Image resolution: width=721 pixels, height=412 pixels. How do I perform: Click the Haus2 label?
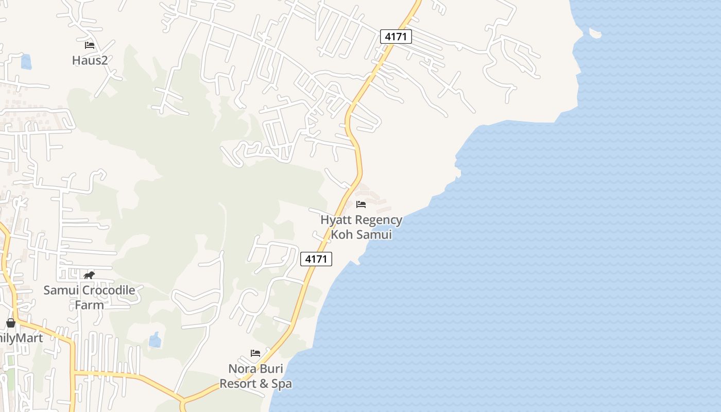[x=90, y=60]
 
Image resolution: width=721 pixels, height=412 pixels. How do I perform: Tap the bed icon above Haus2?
[x=90, y=45]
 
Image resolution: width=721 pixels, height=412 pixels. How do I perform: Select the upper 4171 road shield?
[x=396, y=37]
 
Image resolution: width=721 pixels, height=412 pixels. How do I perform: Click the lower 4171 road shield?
[x=316, y=259]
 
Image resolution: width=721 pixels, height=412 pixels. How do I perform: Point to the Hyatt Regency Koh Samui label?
[x=361, y=227]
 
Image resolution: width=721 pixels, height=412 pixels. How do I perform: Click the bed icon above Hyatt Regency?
[x=361, y=204]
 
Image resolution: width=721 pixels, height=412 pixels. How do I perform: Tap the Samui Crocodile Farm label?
[x=89, y=297]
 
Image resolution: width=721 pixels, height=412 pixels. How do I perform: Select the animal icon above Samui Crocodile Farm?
[x=89, y=275]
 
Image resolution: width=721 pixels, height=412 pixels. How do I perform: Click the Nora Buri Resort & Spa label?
[x=256, y=376]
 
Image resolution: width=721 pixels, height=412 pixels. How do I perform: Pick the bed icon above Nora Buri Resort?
[x=255, y=353]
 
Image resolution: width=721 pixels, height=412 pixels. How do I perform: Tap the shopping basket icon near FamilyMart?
[x=11, y=323]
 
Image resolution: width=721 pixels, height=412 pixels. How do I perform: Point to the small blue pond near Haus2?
[x=26, y=62]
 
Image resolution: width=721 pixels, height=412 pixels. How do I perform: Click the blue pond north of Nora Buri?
[x=154, y=340]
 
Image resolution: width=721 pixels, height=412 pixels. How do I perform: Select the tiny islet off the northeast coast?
[x=595, y=33]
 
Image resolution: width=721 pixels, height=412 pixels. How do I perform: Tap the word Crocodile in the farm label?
[x=109, y=290]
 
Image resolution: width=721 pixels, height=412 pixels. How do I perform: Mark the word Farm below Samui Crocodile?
[x=89, y=305]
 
